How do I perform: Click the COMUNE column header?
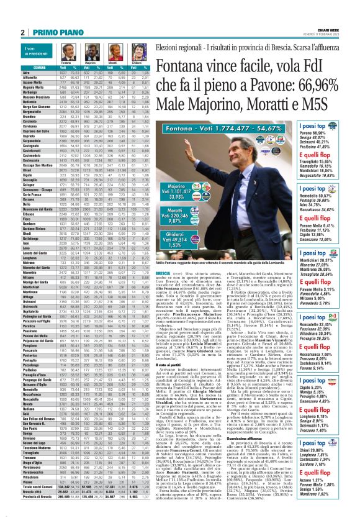tap(23, 67)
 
